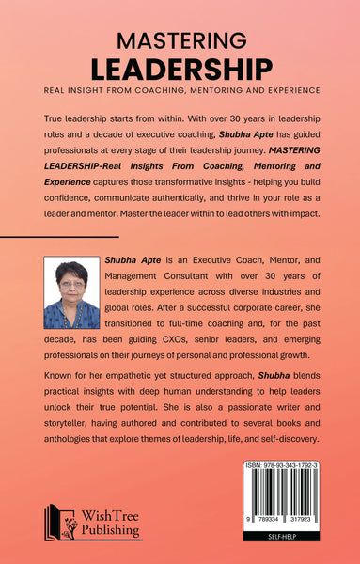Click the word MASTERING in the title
(x=180, y=39)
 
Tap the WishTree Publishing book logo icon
(x=59, y=522)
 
